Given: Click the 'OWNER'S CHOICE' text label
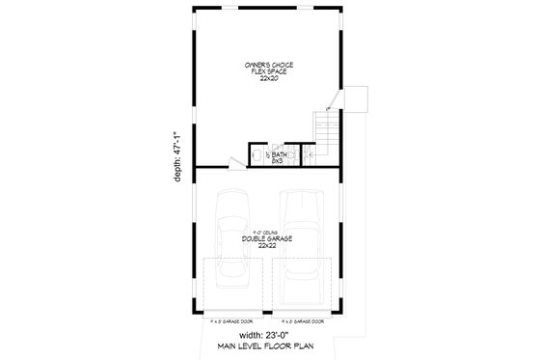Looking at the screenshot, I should coord(270,65).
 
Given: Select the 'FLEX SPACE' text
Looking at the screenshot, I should coord(270,72).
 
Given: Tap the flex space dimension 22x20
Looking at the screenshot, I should coord(270,80).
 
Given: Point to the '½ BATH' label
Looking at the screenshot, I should coord(279,153).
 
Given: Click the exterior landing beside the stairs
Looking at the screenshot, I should coord(355,98).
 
